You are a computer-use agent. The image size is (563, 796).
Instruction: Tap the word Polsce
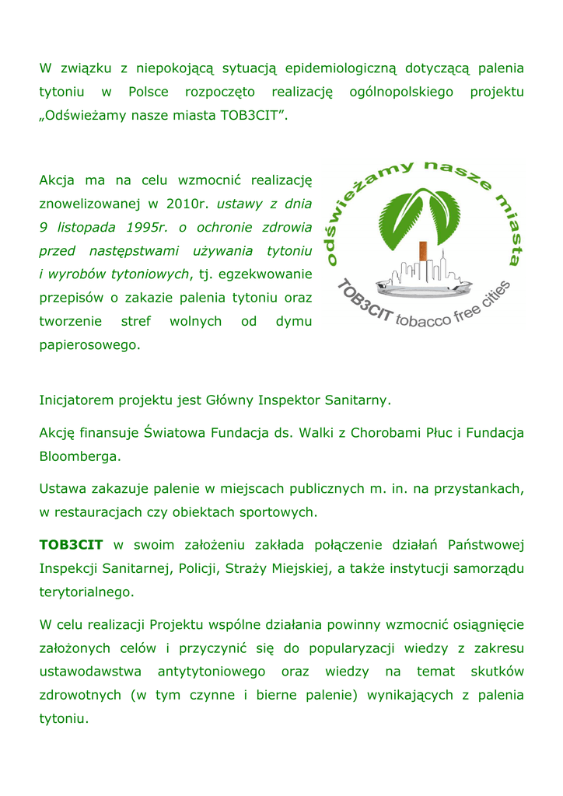point(148,93)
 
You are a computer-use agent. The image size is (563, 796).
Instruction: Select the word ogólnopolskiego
point(400,93)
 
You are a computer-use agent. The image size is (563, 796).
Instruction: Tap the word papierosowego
point(89,344)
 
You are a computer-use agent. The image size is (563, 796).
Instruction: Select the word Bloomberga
point(80,456)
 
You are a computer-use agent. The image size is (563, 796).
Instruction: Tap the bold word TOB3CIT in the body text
point(71,545)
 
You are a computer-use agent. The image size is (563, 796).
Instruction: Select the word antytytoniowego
point(212,672)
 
